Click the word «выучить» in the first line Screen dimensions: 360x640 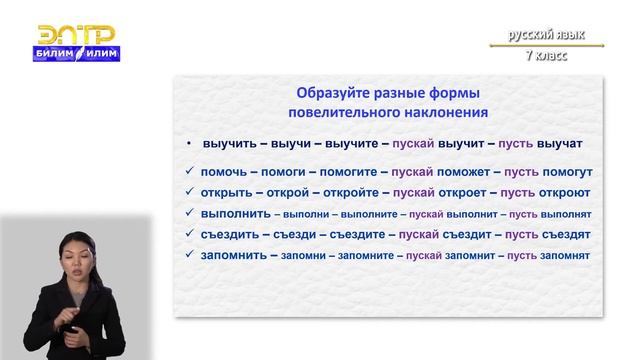[x=230, y=143]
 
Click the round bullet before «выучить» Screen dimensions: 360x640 [x=190, y=144]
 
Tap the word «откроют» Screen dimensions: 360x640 [x=565, y=192]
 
